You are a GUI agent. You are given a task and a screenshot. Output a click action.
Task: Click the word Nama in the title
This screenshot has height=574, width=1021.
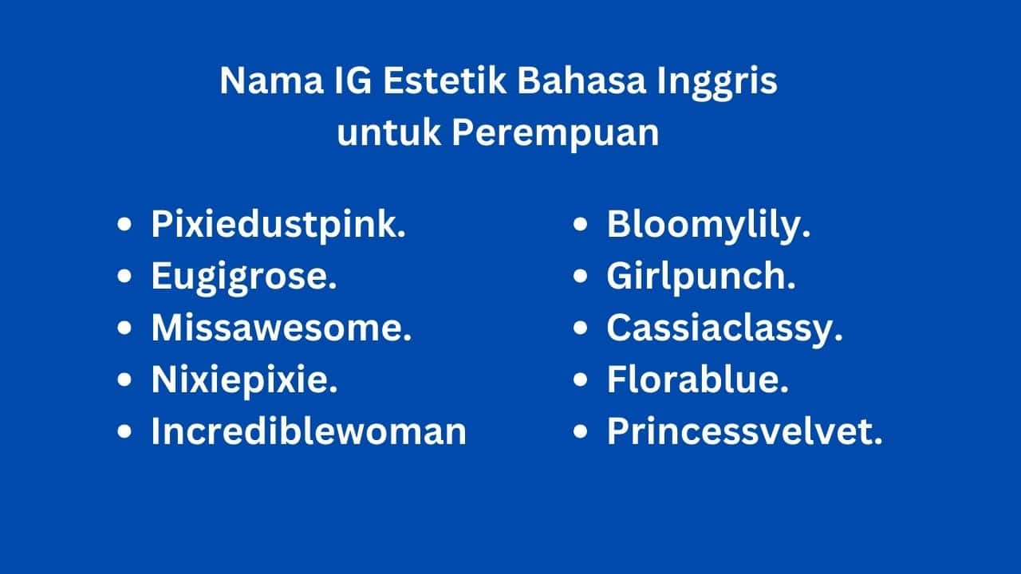point(272,81)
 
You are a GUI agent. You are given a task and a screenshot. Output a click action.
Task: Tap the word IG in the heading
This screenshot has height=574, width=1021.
point(353,81)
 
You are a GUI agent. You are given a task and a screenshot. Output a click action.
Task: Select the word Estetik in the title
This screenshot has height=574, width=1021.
point(444,81)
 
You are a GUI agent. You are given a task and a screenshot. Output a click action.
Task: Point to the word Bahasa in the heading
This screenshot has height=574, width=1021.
point(581,81)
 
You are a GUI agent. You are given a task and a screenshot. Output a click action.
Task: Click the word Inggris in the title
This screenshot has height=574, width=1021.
point(717,84)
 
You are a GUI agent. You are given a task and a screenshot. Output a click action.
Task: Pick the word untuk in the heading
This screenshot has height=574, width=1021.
point(388,132)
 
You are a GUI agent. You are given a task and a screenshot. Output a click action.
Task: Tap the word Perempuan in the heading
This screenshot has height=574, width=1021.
point(556,135)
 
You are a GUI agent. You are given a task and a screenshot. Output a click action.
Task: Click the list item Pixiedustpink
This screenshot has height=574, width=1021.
point(278,225)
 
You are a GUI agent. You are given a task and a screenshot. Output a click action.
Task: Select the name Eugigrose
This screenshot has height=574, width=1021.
point(244,277)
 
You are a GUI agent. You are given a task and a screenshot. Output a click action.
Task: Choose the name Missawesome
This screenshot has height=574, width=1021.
point(282,328)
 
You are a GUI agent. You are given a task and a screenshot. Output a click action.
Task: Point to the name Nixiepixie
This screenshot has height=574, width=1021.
point(245,380)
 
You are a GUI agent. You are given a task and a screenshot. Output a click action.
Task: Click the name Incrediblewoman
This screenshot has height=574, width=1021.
point(309,431)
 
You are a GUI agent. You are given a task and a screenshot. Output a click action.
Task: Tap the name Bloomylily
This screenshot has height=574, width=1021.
point(709,225)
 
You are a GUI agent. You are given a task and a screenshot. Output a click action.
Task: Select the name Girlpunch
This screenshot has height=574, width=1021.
point(701,277)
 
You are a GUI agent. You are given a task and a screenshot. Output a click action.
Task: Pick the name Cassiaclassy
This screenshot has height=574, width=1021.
point(725,330)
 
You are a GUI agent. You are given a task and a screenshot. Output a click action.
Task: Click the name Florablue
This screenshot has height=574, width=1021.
point(698,379)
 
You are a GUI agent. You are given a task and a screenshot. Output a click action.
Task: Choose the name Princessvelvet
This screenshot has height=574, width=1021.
point(745,431)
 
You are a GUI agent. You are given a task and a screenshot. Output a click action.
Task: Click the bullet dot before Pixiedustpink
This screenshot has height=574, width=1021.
point(124,225)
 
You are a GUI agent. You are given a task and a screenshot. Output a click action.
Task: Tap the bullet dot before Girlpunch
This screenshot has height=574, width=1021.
point(580,276)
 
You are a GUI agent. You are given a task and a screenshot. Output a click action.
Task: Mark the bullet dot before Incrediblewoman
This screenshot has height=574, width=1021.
point(124,431)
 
